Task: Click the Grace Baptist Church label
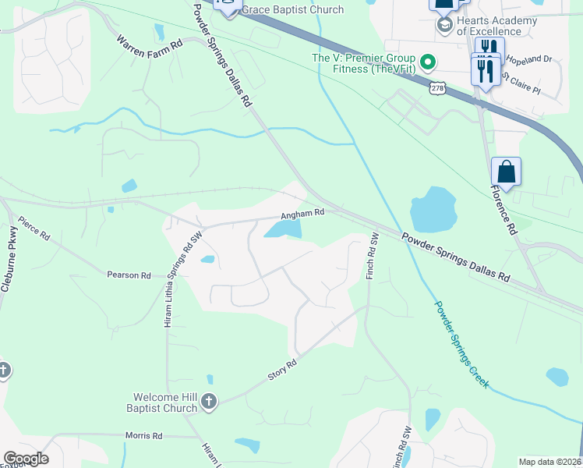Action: (x=292, y=9)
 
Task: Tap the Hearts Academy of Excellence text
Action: (x=497, y=26)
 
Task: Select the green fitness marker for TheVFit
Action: (x=427, y=61)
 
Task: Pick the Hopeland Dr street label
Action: (x=528, y=58)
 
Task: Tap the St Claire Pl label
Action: (x=521, y=83)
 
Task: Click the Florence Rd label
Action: (x=503, y=209)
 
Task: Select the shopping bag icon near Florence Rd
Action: (x=506, y=172)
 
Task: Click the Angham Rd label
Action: (x=303, y=213)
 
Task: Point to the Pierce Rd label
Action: (x=34, y=228)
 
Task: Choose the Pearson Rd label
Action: (x=129, y=275)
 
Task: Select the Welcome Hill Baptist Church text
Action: (x=161, y=402)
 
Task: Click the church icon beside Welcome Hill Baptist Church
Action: (x=208, y=402)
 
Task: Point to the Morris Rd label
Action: (x=143, y=435)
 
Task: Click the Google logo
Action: (x=26, y=459)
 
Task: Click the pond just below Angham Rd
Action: (x=284, y=229)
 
